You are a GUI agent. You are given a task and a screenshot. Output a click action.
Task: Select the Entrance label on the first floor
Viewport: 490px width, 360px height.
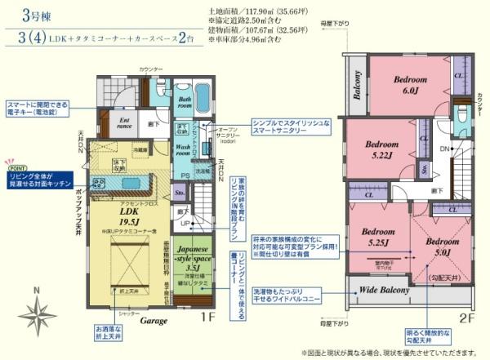pos(125,122)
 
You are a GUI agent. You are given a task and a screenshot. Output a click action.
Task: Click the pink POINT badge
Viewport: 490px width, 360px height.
pos(16,162)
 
